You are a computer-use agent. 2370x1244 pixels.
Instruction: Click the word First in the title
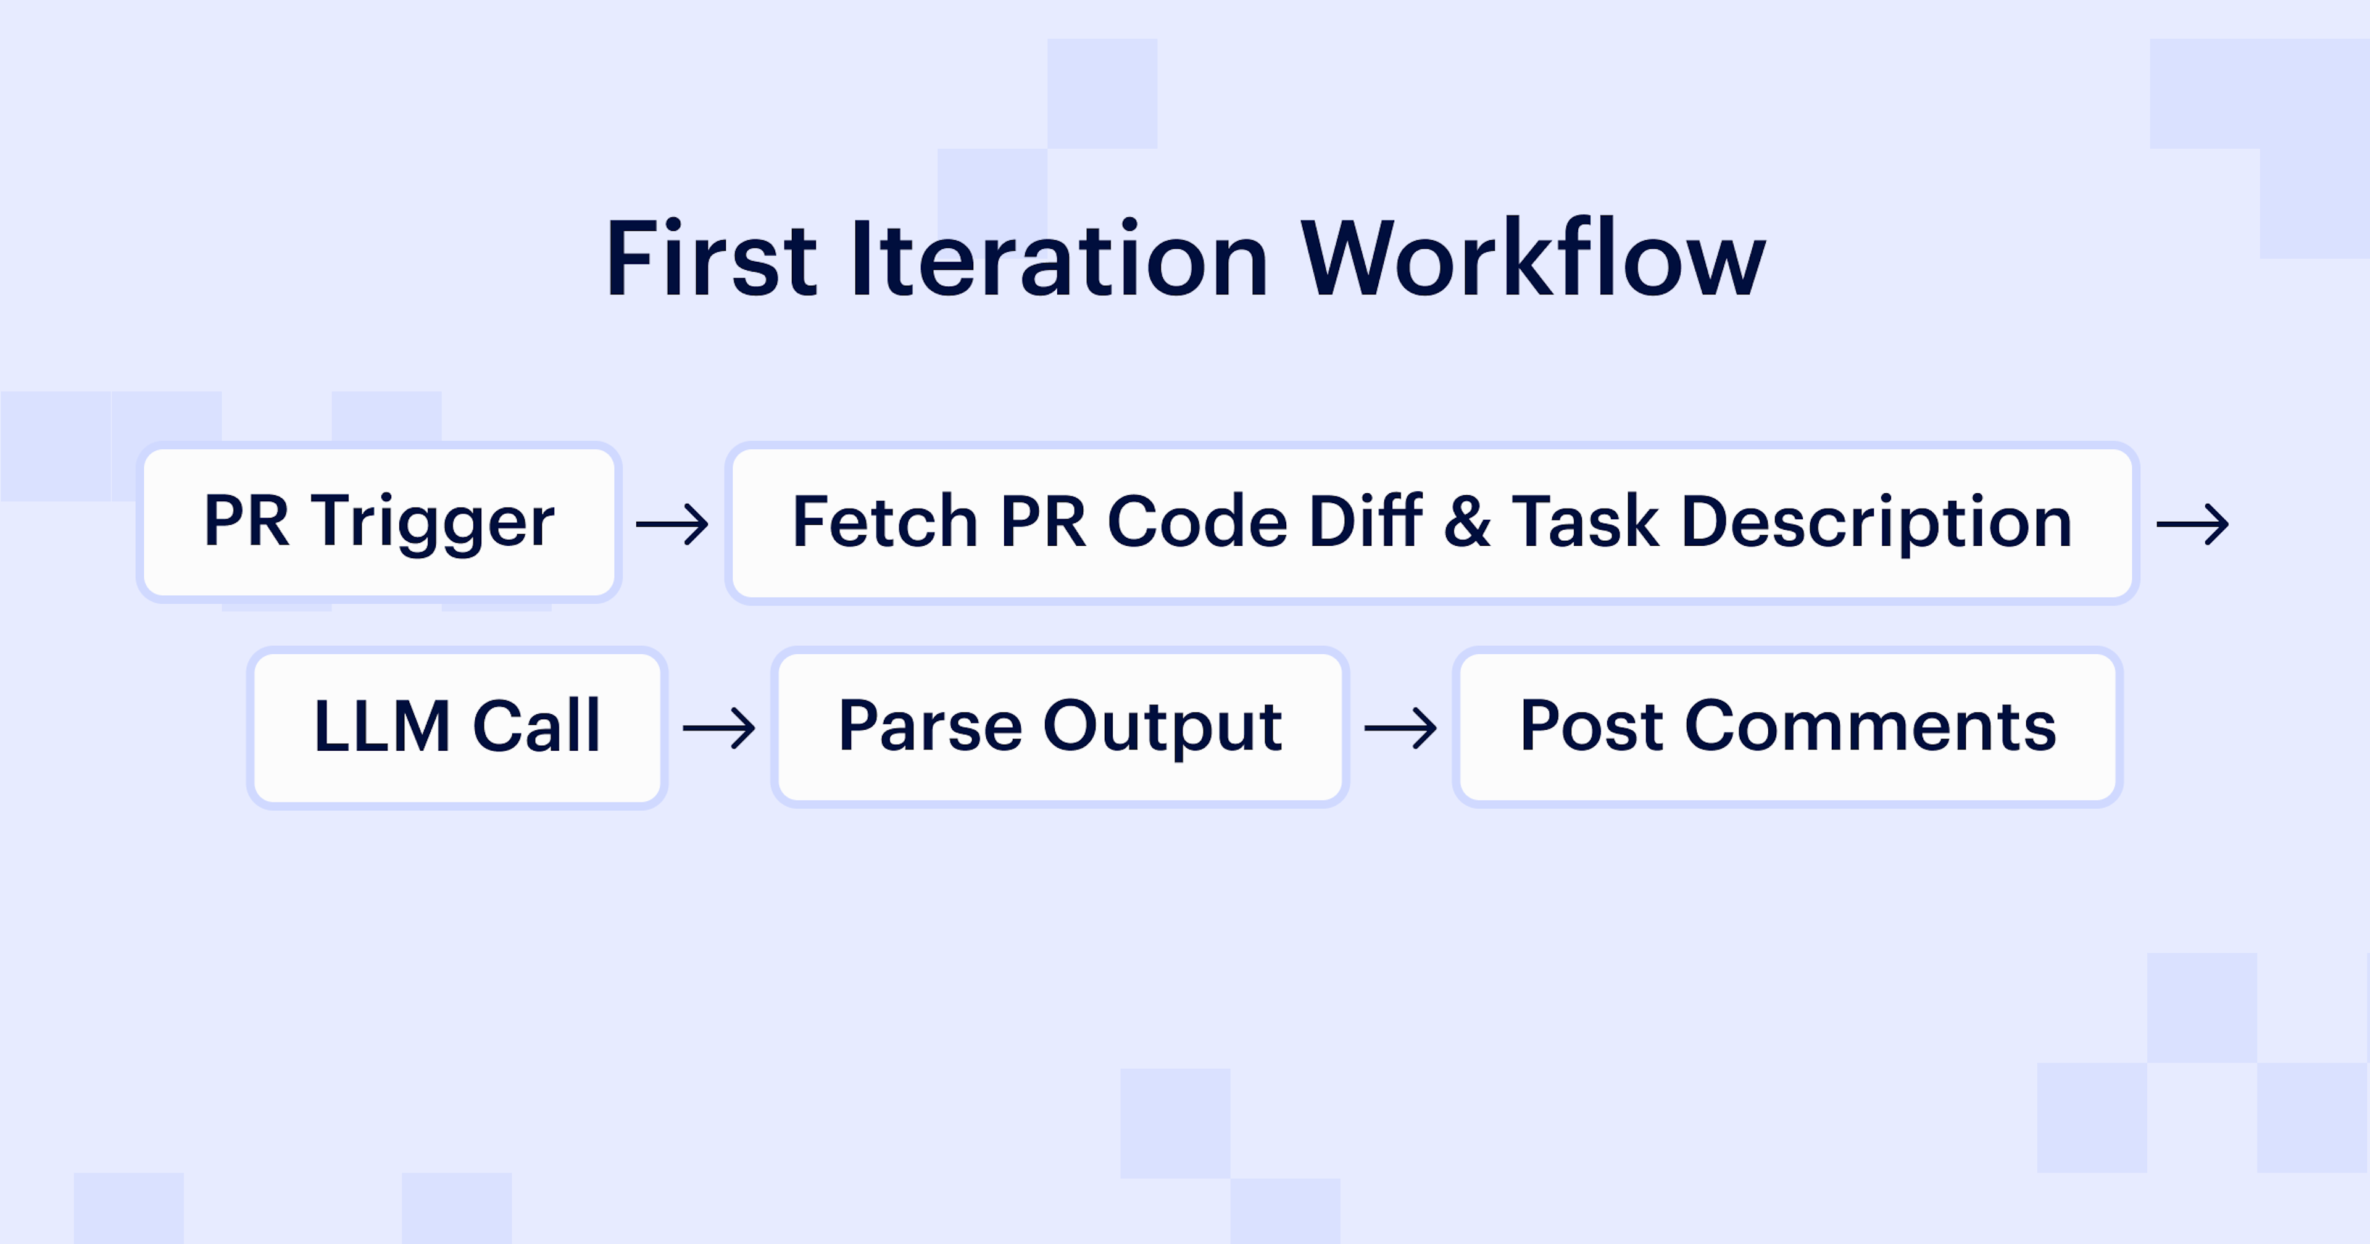[x=710, y=261]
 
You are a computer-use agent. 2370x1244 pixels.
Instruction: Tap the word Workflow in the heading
[x=1532, y=261]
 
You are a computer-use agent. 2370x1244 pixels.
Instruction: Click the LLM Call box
[x=457, y=727]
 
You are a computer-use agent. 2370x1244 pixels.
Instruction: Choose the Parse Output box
[x=1060, y=727]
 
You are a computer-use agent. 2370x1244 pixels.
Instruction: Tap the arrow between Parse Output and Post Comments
[x=1400, y=728]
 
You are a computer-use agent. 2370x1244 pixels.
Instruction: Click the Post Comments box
[x=1787, y=727]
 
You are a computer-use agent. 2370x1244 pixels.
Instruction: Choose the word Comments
[x=1871, y=727]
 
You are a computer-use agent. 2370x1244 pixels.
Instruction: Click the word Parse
[x=930, y=727]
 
